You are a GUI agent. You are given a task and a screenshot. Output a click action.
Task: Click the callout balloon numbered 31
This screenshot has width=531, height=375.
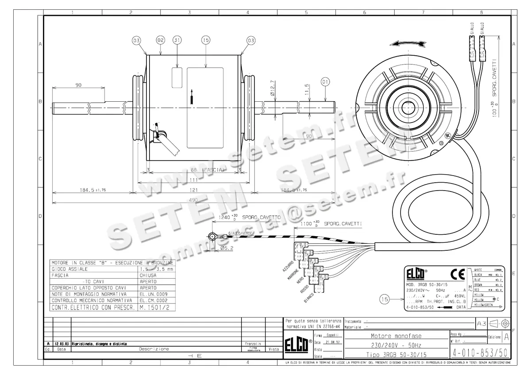click(178, 40)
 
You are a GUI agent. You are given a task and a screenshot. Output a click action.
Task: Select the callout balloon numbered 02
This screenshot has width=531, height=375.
click(160, 40)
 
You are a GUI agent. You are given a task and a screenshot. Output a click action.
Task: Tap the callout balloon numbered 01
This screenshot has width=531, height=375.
click(326, 82)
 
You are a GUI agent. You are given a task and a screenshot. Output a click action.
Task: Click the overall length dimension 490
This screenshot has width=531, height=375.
click(193, 200)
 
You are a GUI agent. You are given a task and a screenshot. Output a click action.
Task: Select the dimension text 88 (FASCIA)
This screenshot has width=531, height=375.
click(207, 170)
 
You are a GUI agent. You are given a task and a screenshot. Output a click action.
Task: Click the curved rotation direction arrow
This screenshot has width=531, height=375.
click(403, 43)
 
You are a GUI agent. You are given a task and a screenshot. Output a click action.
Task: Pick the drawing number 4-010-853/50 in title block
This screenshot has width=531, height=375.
click(480, 353)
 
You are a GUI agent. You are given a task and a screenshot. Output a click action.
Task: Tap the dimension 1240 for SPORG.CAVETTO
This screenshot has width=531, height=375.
click(225, 218)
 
